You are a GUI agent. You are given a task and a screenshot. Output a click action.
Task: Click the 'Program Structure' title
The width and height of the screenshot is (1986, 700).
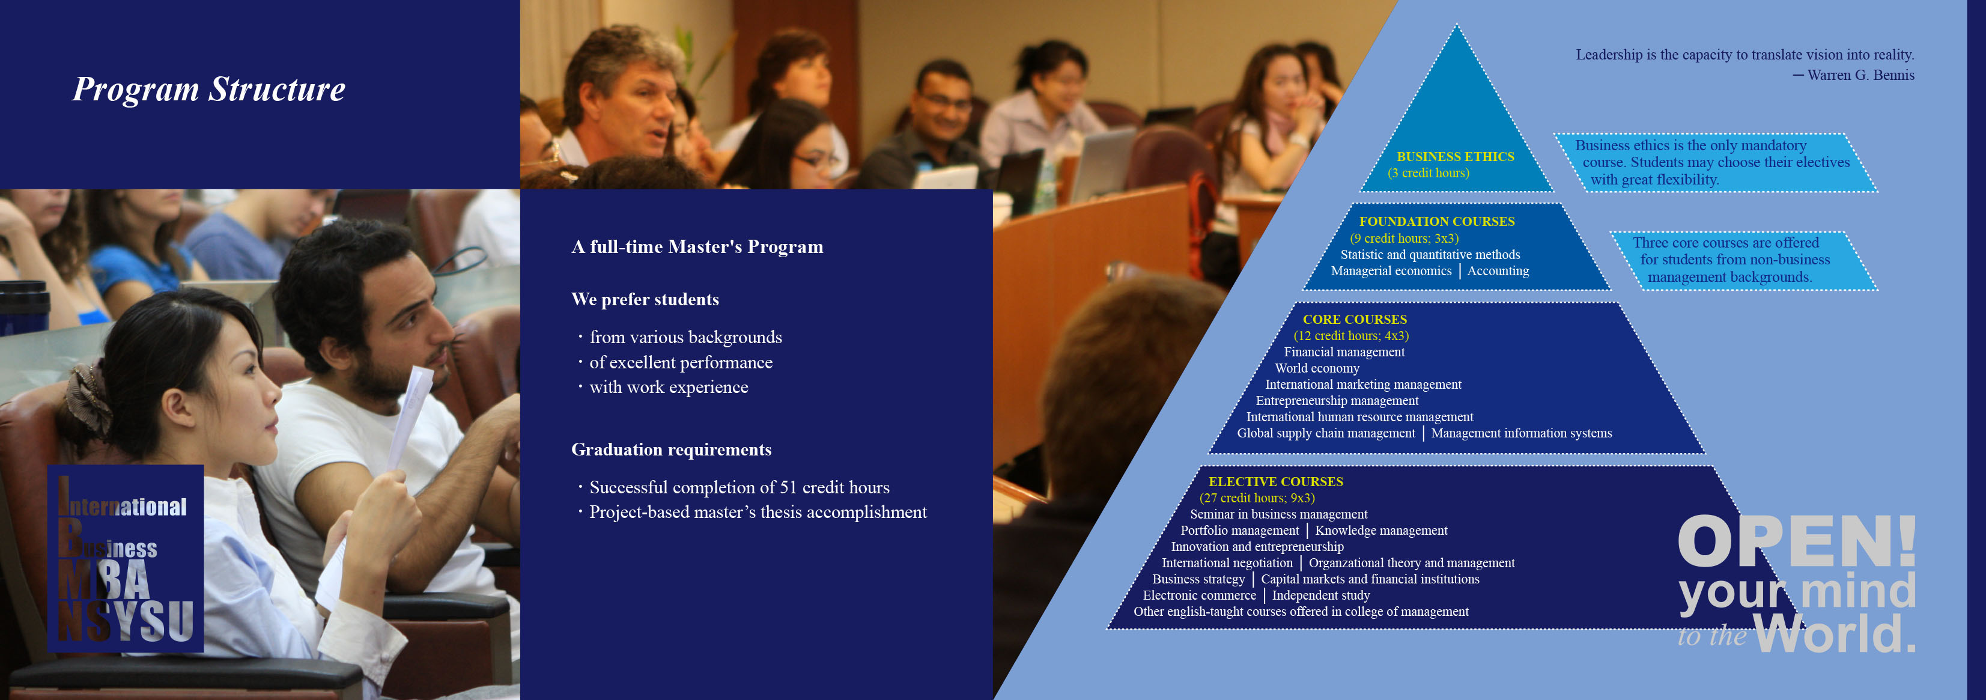point(209,90)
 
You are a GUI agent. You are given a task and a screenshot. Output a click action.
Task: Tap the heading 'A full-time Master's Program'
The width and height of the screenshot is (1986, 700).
point(697,247)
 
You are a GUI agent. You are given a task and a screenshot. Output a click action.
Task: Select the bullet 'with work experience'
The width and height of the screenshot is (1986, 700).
point(669,387)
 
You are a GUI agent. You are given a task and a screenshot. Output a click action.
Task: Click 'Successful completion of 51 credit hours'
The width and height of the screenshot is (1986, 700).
point(739,487)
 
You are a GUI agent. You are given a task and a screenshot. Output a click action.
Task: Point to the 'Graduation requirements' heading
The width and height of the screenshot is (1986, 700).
point(671,449)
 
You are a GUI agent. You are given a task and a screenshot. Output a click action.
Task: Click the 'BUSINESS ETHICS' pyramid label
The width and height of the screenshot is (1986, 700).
point(1455,156)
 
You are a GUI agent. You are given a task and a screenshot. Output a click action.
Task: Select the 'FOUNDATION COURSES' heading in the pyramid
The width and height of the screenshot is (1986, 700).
point(1436,221)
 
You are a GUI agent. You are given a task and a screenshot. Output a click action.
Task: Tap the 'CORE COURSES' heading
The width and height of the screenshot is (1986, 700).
point(1355,319)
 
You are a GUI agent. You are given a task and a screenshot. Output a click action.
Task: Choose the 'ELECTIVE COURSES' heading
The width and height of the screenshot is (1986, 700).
point(1275,482)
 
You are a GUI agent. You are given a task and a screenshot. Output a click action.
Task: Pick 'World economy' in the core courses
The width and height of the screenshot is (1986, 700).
point(1317,368)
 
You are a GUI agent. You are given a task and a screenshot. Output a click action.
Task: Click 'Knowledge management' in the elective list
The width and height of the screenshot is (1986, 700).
point(1381,531)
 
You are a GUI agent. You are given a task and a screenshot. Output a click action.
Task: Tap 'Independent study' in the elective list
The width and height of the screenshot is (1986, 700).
point(1320,595)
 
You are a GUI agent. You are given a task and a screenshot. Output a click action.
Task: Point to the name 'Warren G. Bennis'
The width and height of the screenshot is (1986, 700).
point(1860,75)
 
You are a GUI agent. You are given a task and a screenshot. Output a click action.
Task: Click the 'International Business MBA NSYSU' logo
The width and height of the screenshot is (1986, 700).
point(126,559)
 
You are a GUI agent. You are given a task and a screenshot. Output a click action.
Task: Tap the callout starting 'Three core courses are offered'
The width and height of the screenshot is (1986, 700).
point(1744,261)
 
